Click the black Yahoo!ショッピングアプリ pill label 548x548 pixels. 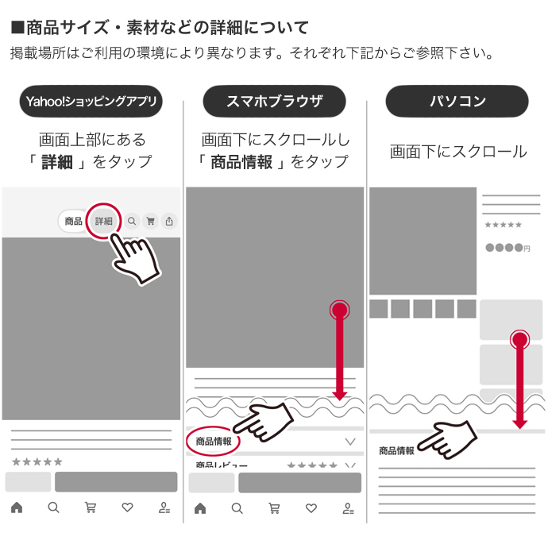coord(92,102)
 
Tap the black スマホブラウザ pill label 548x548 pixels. coord(274,102)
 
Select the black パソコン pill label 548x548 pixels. coord(457,102)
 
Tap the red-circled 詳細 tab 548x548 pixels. coord(104,222)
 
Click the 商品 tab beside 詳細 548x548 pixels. coord(74,222)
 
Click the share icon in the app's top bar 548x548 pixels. coord(168,222)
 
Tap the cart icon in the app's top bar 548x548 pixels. coord(150,222)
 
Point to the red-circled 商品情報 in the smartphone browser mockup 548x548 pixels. coord(214,442)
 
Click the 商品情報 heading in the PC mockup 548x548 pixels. coord(396,451)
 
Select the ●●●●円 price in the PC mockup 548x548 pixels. coord(507,249)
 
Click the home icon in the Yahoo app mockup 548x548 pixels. coord(16,507)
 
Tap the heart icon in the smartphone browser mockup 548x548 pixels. coord(311,508)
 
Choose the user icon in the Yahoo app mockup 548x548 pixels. coord(164,507)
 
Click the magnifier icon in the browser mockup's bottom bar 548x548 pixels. coord(237,508)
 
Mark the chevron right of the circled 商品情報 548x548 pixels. coord(350,442)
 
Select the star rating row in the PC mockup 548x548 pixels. coord(503,226)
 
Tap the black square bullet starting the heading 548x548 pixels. coord(17,29)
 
